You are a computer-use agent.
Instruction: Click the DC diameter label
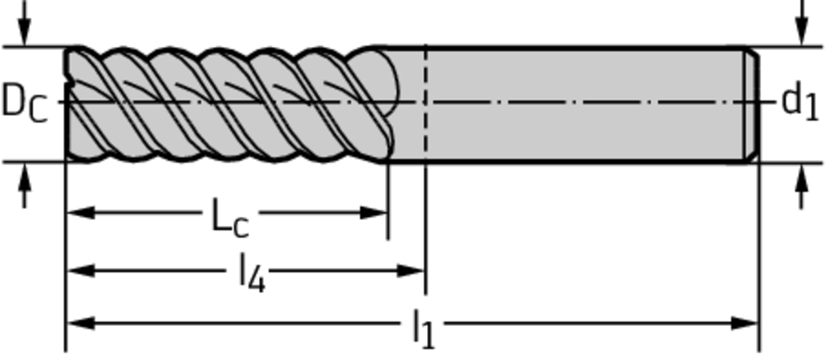pos(24,103)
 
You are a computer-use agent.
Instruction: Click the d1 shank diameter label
pos(800,103)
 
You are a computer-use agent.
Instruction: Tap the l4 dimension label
pos(252,273)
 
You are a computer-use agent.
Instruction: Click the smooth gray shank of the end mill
pos(582,104)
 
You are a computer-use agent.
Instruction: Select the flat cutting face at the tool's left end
pos(69,104)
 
